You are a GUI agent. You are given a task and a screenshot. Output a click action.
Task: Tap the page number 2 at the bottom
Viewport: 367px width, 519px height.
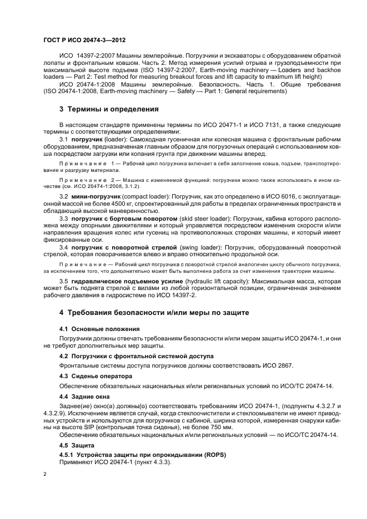[45, 475]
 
